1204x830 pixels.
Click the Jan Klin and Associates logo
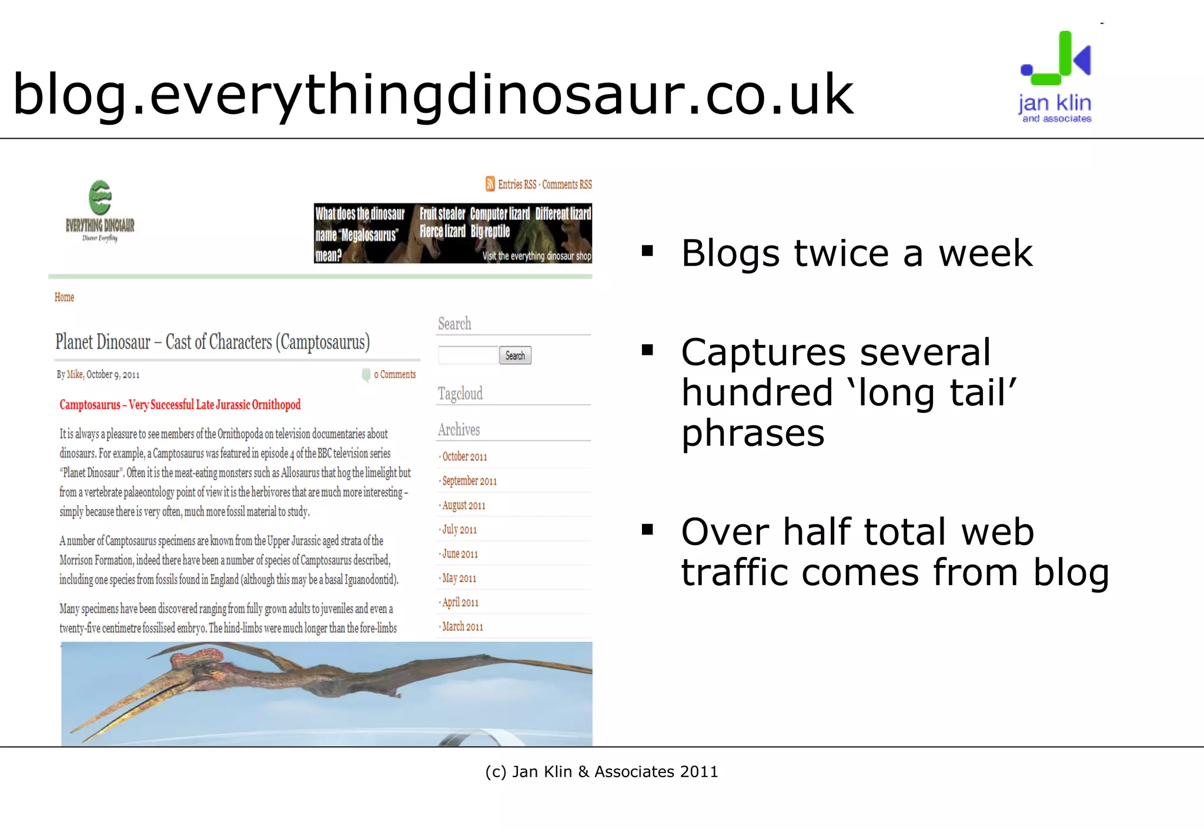coord(1055,76)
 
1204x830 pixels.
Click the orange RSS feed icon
coord(490,184)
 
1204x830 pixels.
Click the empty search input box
coord(468,355)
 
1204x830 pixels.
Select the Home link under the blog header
coord(64,297)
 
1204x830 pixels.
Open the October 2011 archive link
coord(464,456)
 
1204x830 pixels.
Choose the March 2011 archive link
coord(463,627)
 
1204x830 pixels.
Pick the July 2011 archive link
coord(459,529)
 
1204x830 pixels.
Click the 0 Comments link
coord(394,374)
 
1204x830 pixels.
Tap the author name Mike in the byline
coord(75,374)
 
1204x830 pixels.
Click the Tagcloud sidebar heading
coord(460,394)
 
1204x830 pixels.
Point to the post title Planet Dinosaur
coord(212,342)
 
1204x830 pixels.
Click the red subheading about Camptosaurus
coord(180,405)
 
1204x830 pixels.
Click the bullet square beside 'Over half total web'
coord(648,530)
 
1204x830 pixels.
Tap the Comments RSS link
coord(567,184)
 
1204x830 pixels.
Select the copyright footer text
coord(601,771)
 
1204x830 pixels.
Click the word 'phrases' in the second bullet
coord(753,434)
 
